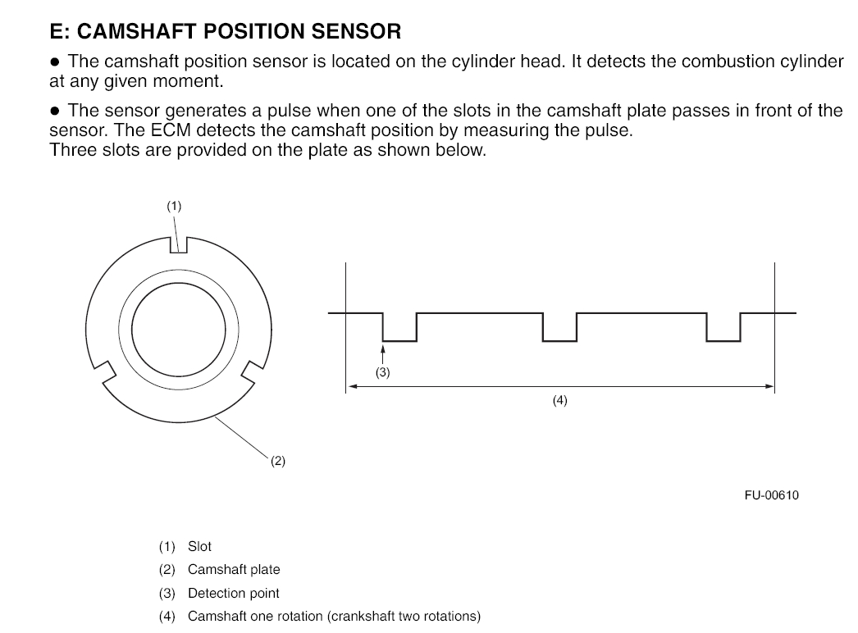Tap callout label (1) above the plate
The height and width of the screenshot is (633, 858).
(174, 207)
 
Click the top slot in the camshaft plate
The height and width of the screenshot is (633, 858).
(180, 244)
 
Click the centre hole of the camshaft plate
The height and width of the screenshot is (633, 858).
(179, 324)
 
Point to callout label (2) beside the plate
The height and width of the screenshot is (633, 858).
(278, 461)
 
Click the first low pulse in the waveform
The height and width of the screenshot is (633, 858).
(399, 333)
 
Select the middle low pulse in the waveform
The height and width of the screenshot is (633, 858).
(559, 333)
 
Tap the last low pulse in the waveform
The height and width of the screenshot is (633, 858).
(723, 333)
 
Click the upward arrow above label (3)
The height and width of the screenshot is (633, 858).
(383, 351)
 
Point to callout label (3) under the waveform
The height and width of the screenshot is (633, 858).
(383, 372)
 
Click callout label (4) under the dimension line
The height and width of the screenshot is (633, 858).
(559, 401)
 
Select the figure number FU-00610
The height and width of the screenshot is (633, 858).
(771, 495)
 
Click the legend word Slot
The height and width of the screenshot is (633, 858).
(199, 546)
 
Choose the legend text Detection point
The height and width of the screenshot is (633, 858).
(234, 593)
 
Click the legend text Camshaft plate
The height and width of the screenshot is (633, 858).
(234, 569)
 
